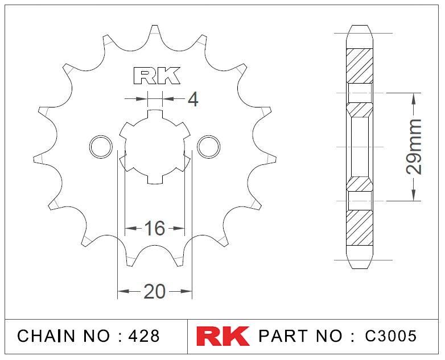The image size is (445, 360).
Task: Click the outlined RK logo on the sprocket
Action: point(156,76)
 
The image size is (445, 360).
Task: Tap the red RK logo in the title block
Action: point(222,336)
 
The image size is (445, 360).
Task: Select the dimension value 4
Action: point(193,100)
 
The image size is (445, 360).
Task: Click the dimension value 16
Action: point(155,228)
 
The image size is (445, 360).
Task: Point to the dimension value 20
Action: point(155,291)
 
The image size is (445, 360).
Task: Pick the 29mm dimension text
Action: point(414,147)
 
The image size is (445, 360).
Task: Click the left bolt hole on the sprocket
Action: point(101,147)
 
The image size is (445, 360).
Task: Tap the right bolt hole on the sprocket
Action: point(209,147)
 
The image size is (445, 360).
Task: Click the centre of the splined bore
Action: point(155,147)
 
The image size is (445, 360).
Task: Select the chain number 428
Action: point(144,336)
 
